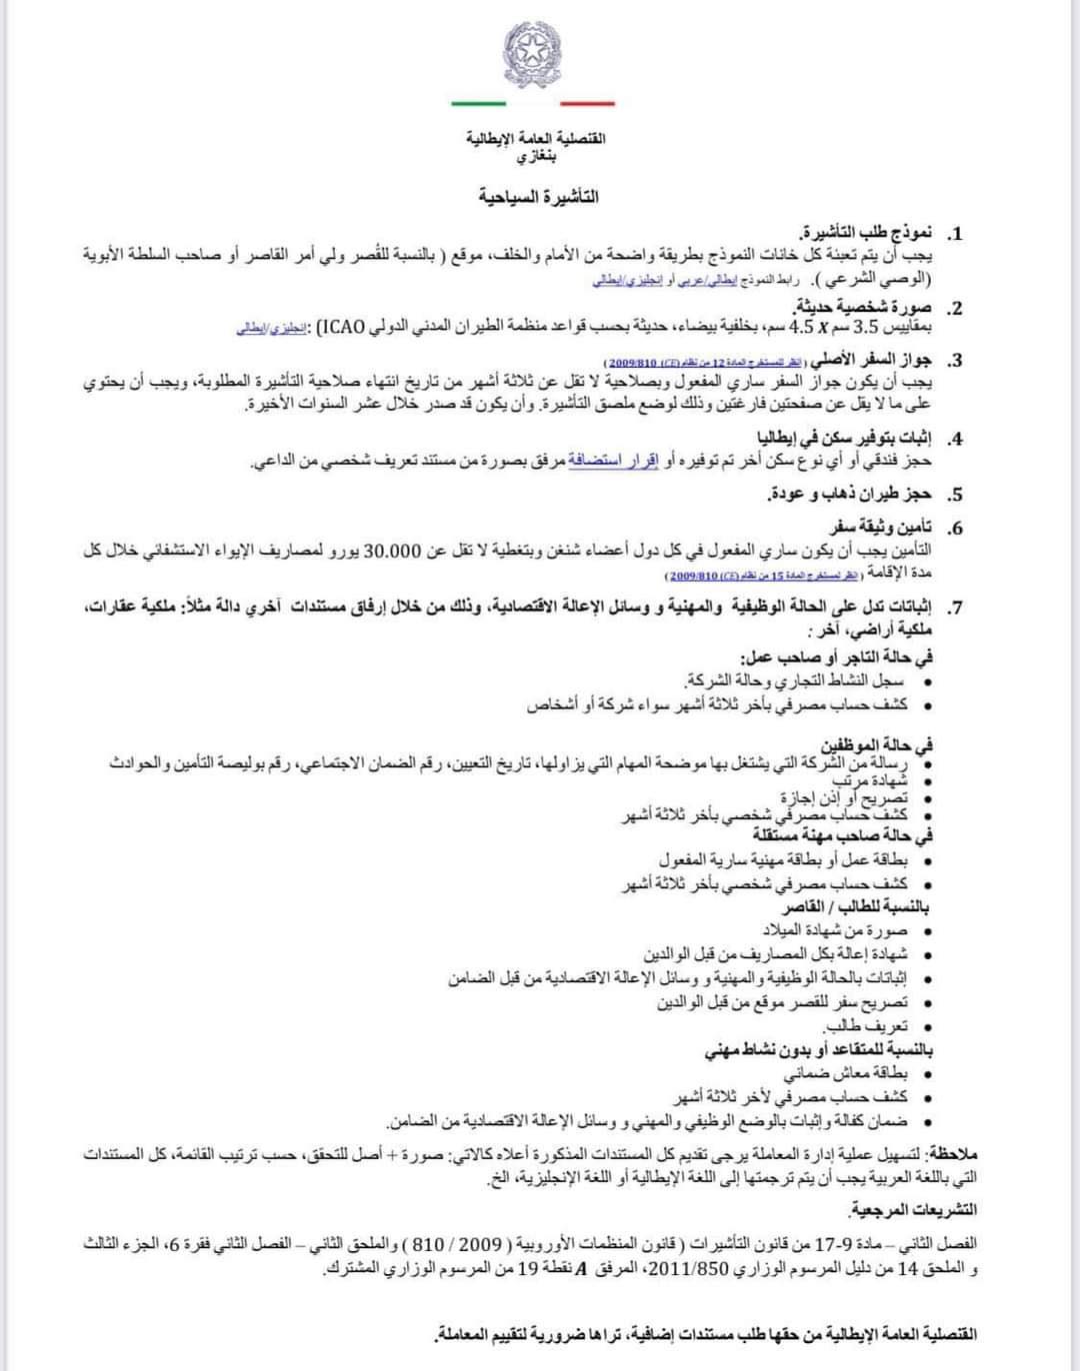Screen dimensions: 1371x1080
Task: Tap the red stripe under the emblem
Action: [587, 103]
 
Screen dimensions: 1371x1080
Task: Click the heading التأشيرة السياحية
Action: [539, 197]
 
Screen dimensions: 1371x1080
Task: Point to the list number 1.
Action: [955, 236]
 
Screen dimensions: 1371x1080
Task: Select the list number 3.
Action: [955, 362]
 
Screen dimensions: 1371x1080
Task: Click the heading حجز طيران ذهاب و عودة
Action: [850, 494]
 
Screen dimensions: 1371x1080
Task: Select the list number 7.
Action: [955, 607]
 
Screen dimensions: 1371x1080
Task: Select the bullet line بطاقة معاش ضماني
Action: [846, 1074]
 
